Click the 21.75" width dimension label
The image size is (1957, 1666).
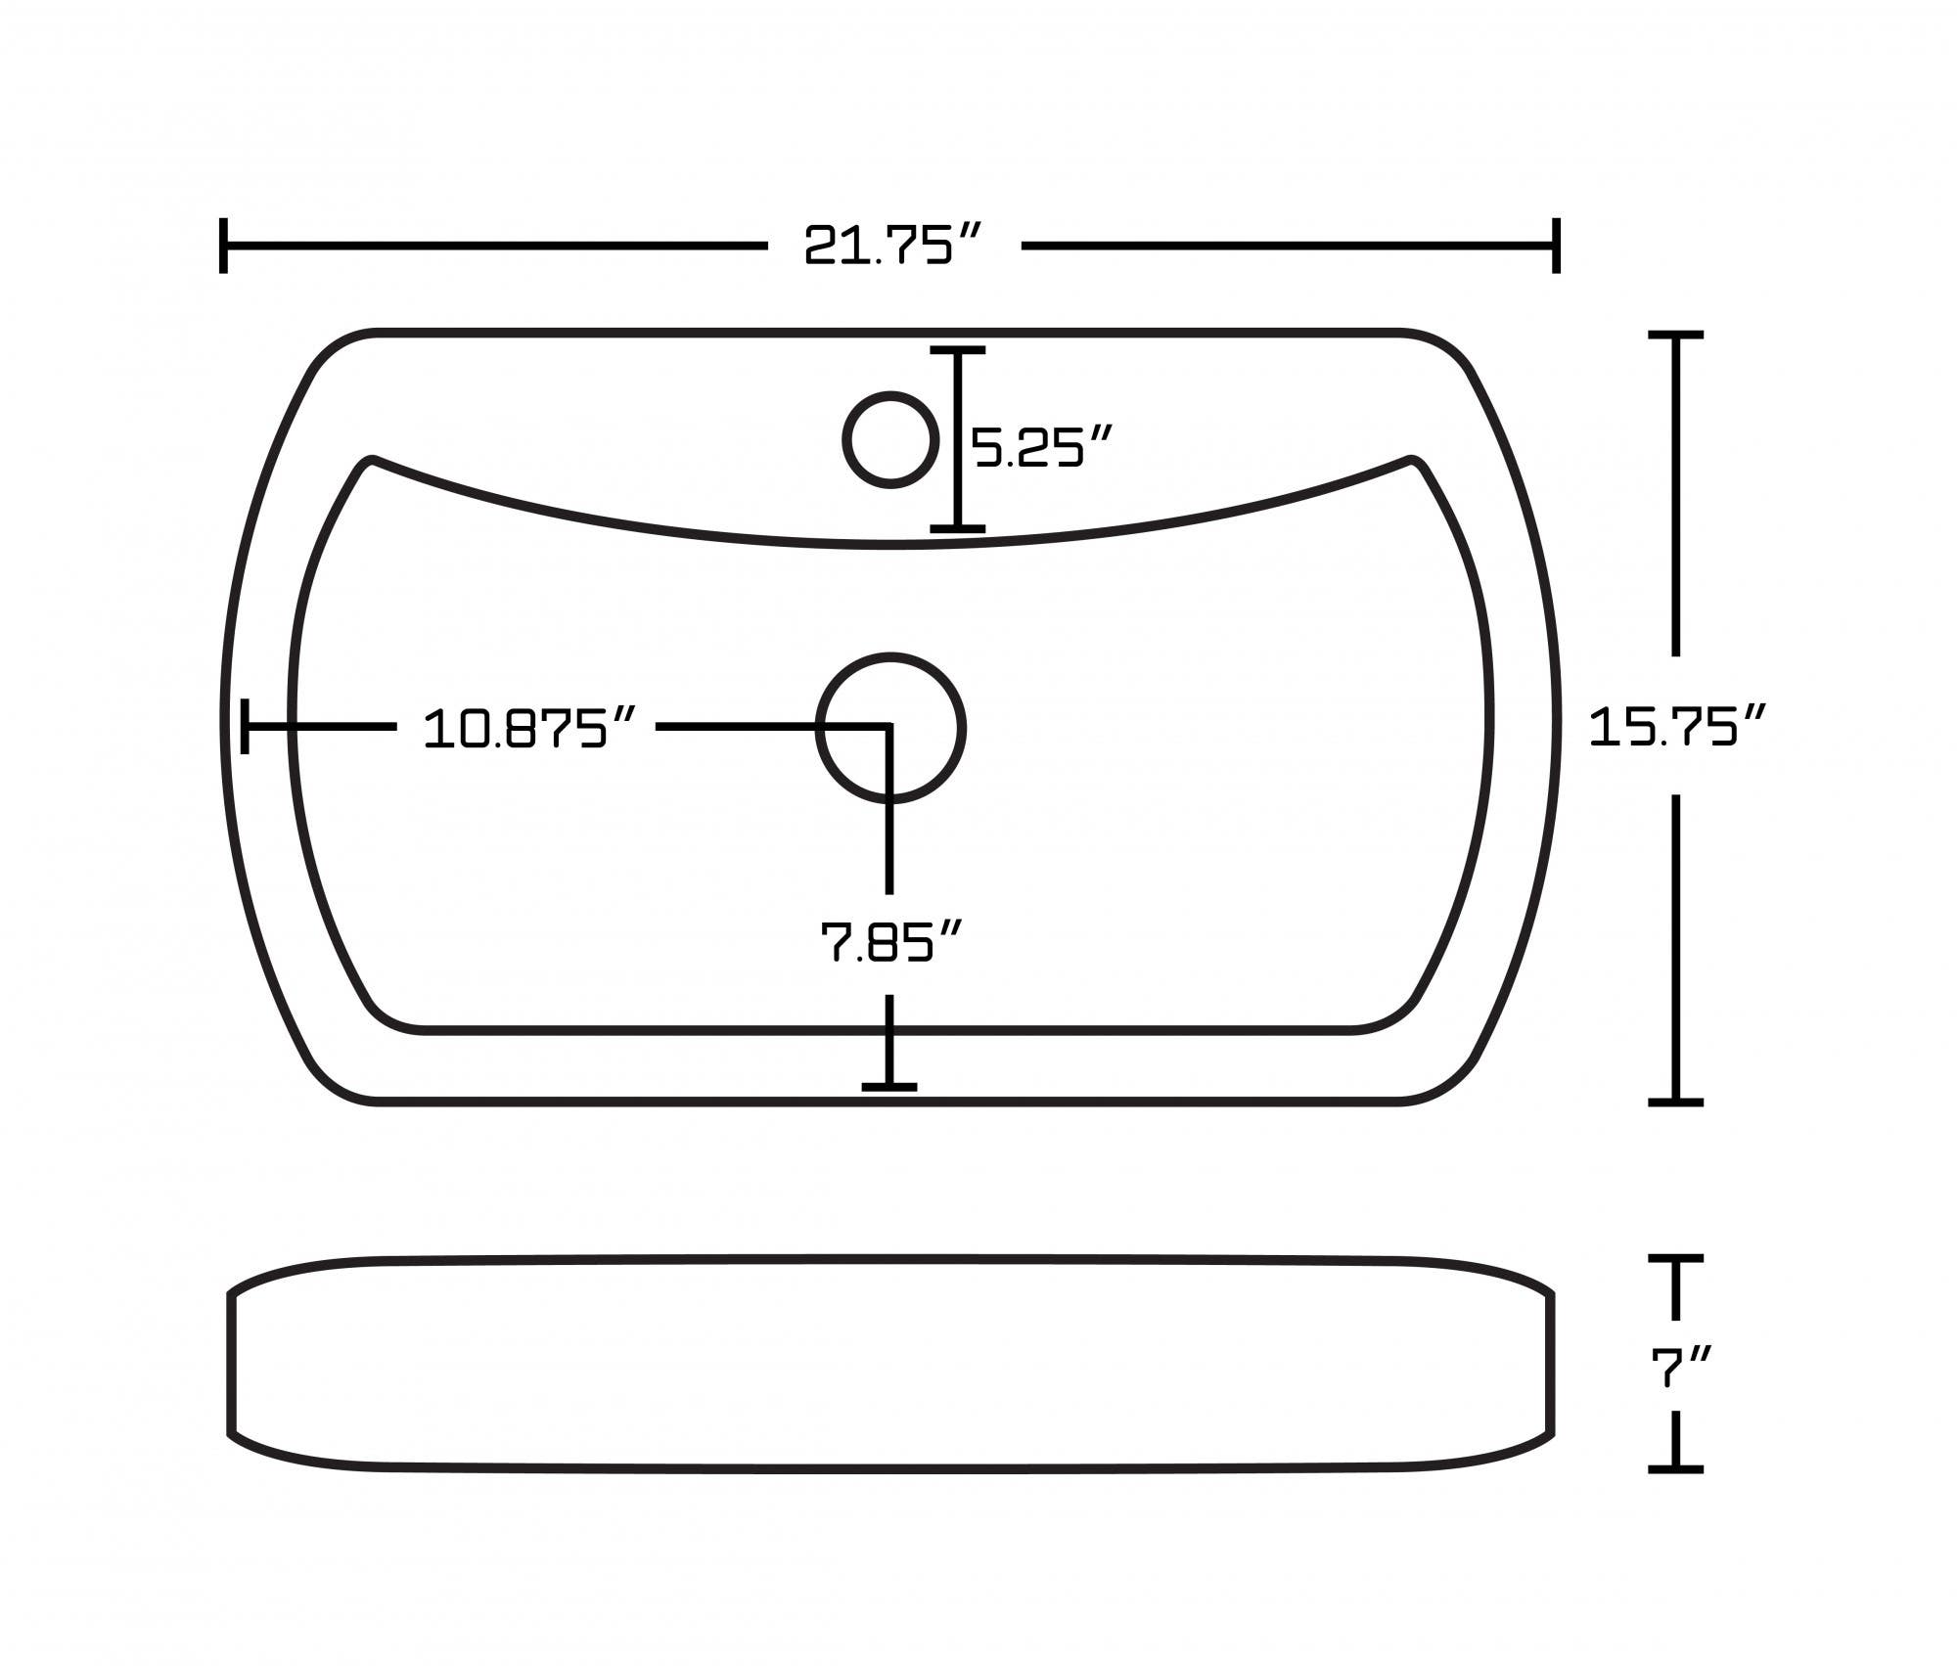[891, 246]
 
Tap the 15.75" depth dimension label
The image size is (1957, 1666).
[1676, 726]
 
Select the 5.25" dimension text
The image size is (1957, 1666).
[1042, 448]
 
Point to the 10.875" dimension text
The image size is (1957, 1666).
[529, 729]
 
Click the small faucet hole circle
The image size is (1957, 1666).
[890, 439]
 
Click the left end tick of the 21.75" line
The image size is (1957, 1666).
[224, 246]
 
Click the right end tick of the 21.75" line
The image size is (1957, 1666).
[1556, 246]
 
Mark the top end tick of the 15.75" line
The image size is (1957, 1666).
[1676, 336]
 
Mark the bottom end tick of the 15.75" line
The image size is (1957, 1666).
[1676, 1103]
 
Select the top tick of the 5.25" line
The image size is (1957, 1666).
[957, 349]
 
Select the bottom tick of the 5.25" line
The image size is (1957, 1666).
[957, 528]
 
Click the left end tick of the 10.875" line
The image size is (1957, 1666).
[245, 726]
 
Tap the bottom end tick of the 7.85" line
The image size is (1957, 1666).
[889, 1086]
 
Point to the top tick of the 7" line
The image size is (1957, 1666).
[1676, 1259]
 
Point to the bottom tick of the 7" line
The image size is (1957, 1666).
[1676, 1468]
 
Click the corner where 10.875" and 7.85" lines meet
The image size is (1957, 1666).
[888, 727]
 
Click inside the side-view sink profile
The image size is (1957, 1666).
[890, 1365]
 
